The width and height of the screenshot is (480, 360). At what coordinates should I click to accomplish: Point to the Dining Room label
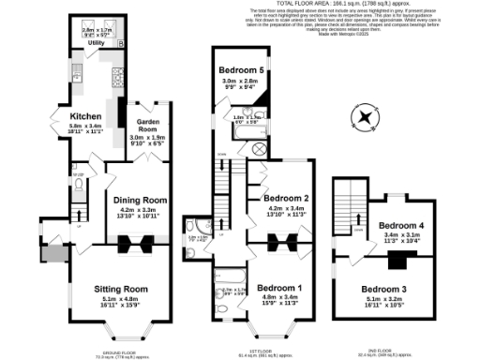click(141, 200)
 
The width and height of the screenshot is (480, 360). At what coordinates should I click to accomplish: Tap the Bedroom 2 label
click(286, 199)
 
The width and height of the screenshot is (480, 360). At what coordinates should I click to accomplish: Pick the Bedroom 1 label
click(279, 288)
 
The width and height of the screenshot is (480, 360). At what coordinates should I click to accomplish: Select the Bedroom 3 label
click(384, 288)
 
